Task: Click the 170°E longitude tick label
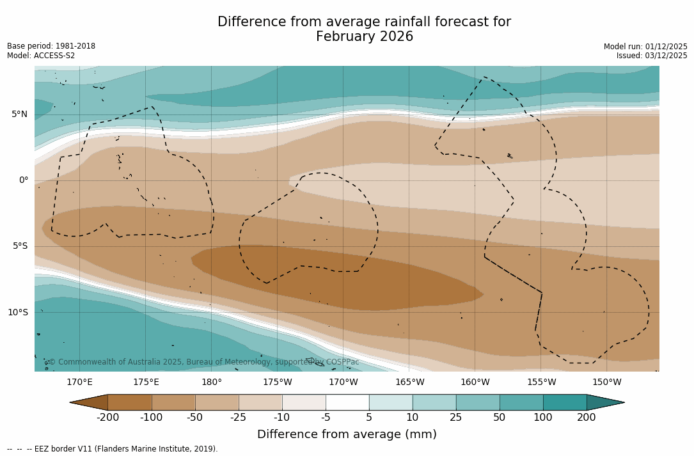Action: tap(79, 382)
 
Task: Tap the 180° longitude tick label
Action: tap(211, 382)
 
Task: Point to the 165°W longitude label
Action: tap(409, 382)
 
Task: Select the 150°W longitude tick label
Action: tap(606, 382)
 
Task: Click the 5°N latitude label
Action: tap(19, 114)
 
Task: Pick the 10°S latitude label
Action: tap(17, 313)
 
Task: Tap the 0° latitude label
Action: tap(24, 180)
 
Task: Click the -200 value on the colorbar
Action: tap(107, 418)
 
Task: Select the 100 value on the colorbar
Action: tap(542, 418)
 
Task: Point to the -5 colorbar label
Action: tap(325, 418)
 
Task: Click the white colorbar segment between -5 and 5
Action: tap(347, 402)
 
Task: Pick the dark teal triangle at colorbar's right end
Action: tap(604, 402)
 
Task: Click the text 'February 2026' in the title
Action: tap(364, 37)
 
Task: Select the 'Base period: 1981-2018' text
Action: tap(51, 46)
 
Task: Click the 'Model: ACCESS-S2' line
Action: tap(41, 56)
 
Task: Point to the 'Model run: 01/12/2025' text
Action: tap(645, 47)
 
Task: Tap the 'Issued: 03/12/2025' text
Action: tap(651, 56)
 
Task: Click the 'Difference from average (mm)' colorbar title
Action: tap(347, 435)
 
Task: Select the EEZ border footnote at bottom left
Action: tap(113, 449)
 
